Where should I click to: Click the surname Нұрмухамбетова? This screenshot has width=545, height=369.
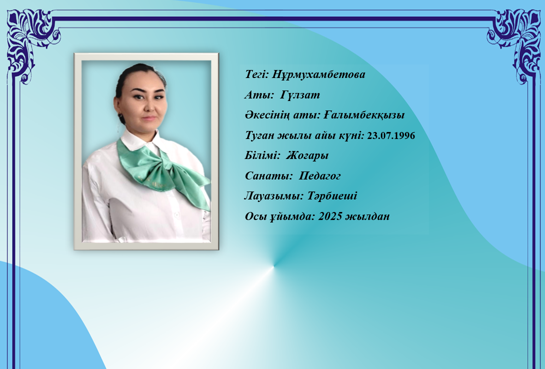click(318, 74)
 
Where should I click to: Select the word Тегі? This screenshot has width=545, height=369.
click(257, 74)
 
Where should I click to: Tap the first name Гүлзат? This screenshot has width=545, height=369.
click(300, 95)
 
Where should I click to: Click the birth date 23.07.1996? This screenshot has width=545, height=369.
click(391, 135)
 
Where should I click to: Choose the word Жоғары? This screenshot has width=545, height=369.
click(307, 155)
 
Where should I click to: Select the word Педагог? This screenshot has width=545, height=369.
click(320, 176)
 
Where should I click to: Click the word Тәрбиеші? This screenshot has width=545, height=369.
click(332, 196)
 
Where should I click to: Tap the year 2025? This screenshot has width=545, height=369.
click(330, 216)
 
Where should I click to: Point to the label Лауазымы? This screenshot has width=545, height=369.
click(274, 196)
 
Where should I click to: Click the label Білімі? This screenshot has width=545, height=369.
click(262, 155)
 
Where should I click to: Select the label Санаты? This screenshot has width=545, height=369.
click(269, 176)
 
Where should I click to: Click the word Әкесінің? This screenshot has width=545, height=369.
click(267, 115)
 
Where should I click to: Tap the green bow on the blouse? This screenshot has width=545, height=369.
click(163, 170)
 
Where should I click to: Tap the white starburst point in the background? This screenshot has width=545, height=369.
click(274, 266)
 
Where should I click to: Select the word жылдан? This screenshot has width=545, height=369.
click(368, 216)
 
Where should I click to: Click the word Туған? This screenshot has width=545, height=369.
click(260, 135)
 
